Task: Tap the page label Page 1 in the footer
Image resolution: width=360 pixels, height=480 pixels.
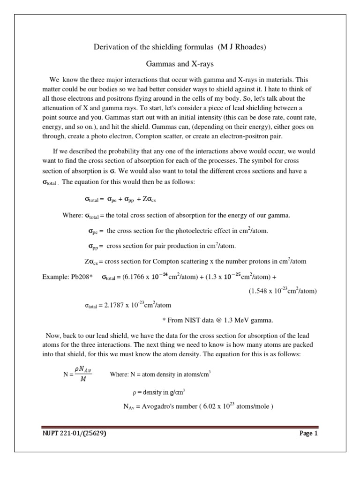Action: [x=308, y=434]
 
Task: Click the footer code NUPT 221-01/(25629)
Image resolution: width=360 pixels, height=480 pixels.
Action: [x=74, y=434]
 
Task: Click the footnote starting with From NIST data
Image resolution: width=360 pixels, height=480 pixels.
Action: [x=217, y=321]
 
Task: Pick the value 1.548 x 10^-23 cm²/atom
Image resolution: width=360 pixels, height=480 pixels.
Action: [x=282, y=291]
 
